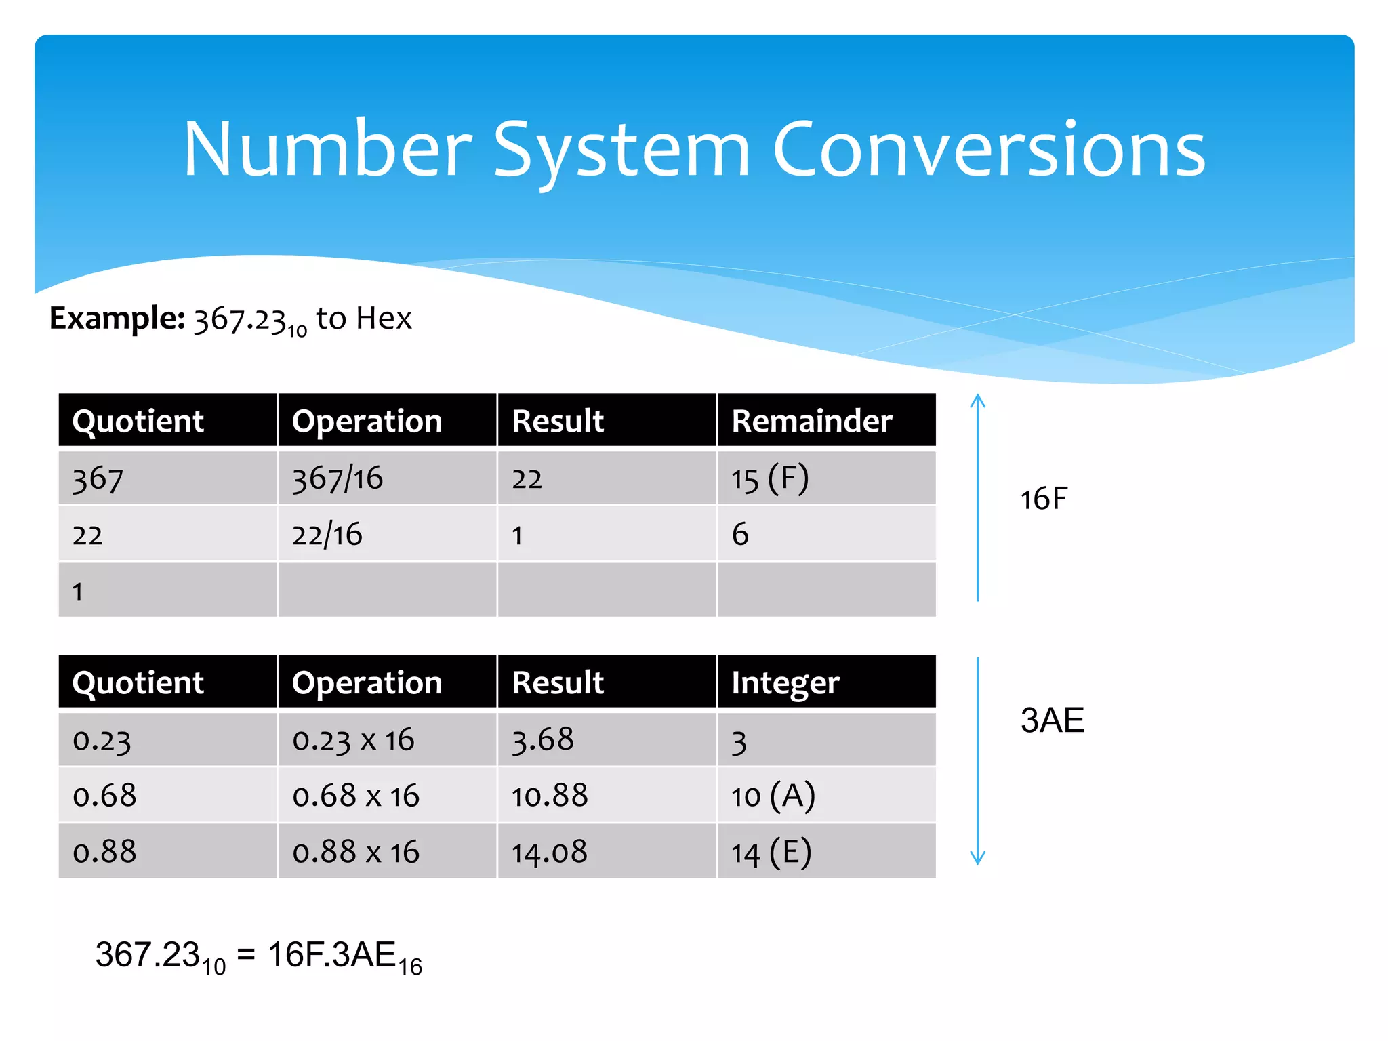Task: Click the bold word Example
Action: (x=117, y=318)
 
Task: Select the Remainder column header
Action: (x=812, y=421)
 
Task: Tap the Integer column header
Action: (x=785, y=682)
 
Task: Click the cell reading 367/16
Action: (x=338, y=478)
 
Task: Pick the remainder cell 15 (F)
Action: (x=770, y=478)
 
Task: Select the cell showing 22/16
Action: (x=327, y=535)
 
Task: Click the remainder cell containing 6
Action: (x=740, y=535)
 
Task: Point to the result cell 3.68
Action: (x=543, y=739)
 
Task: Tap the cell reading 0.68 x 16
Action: (x=356, y=796)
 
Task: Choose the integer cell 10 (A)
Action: (x=773, y=796)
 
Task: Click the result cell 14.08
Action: (x=550, y=852)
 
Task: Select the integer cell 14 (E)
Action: (x=771, y=852)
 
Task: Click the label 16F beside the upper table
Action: (x=1044, y=499)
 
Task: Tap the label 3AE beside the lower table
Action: (x=1052, y=720)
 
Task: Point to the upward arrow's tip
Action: (x=977, y=396)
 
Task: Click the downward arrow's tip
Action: (x=977, y=863)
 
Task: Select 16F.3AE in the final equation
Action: (x=331, y=954)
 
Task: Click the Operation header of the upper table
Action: (x=367, y=421)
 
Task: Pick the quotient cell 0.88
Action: (x=104, y=852)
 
